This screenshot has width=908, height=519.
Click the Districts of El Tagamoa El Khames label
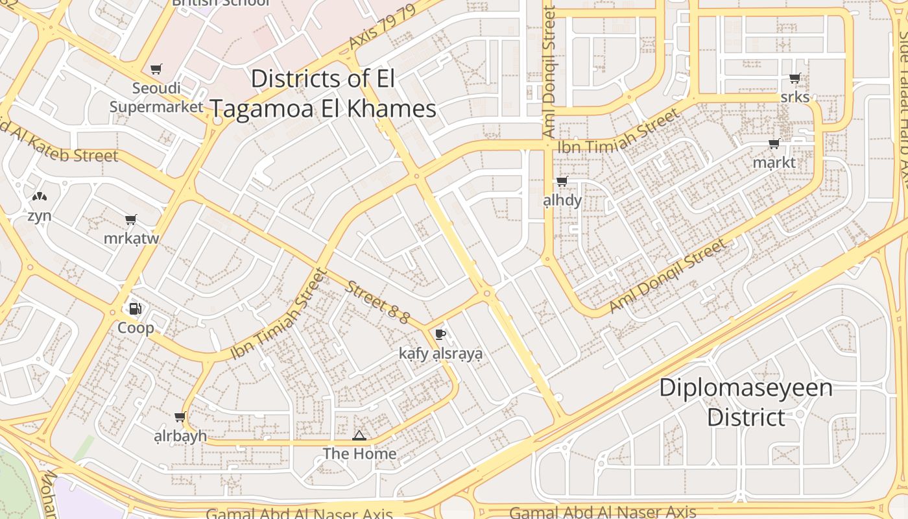pos(323,93)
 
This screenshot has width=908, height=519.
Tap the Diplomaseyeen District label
pos(746,402)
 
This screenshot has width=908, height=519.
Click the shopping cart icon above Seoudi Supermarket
pos(156,69)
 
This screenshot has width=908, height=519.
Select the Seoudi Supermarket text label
pos(156,97)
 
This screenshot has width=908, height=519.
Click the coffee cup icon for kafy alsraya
pos(440,335)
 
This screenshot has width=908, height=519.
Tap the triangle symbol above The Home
pos(359,435)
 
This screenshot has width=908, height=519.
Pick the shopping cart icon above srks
pos(794,78)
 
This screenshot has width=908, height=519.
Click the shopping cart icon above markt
pos(774,144)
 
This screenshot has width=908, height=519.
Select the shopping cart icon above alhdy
pos(562,182)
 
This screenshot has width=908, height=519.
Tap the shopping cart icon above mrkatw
pos(131,220)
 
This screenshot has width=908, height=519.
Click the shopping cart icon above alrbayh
pos(180,417)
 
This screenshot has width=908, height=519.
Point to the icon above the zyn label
pos(39,197)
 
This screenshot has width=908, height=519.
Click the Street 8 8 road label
pos(377,302)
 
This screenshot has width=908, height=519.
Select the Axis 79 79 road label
pos(381,29)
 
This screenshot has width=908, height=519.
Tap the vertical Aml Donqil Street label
pos(549,71)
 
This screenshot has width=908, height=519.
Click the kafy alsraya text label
pos(440,354)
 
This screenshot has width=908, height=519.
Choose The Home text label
pos(359,453)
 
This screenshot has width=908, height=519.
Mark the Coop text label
pos(136,328)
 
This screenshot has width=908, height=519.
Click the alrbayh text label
pos(180,435)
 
